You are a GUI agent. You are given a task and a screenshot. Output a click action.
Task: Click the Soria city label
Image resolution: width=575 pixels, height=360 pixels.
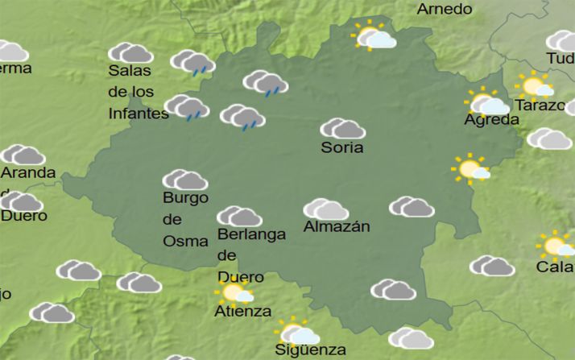342,148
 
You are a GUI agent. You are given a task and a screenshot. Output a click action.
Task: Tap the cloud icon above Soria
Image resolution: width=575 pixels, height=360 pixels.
342,129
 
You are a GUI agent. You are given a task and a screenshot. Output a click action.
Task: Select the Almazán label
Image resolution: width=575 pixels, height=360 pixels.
337,227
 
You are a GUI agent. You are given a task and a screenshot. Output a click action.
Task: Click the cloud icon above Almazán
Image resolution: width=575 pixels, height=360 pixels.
325,209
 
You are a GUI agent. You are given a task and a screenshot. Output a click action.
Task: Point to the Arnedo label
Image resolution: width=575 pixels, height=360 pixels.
444,10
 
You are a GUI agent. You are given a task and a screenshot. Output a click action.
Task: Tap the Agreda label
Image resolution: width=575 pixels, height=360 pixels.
491,120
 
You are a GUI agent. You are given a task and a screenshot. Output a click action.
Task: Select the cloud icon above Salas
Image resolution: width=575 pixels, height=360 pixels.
130,53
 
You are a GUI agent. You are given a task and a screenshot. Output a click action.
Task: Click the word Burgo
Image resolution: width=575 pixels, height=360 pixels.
185,198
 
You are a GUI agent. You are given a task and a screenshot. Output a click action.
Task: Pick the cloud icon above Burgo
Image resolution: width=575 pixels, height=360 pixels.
185,180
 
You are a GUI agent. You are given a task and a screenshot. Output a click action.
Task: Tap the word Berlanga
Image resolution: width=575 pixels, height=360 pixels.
251,235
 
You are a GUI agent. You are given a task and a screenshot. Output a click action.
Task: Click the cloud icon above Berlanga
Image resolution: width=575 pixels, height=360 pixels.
239,217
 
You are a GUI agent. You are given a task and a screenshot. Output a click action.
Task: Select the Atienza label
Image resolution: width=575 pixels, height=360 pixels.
242,312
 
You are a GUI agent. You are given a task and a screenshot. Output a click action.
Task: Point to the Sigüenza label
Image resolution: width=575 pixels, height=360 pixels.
310,350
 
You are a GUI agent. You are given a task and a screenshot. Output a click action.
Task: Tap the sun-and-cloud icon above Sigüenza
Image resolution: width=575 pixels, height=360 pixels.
297,332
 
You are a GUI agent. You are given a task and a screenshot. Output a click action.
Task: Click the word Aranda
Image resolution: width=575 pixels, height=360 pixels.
28,173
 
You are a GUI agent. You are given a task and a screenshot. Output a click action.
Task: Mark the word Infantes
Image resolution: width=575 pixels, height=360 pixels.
138,114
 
